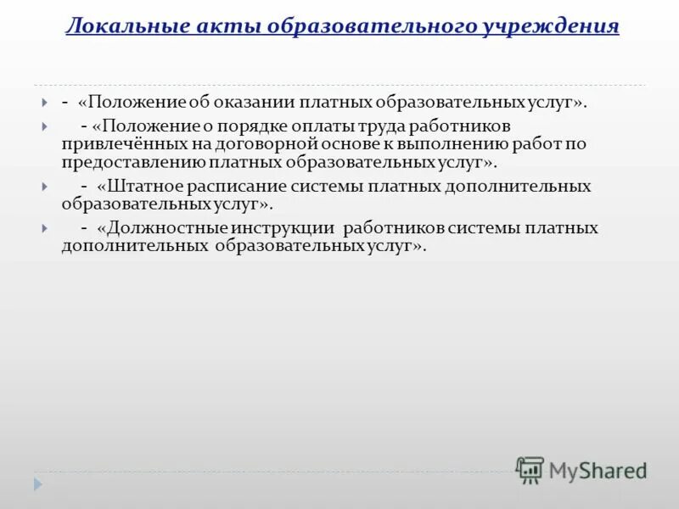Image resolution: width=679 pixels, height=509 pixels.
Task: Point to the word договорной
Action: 255,143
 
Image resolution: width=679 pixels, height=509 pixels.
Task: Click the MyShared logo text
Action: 597,470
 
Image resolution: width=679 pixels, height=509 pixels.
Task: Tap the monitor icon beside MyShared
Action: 530,469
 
